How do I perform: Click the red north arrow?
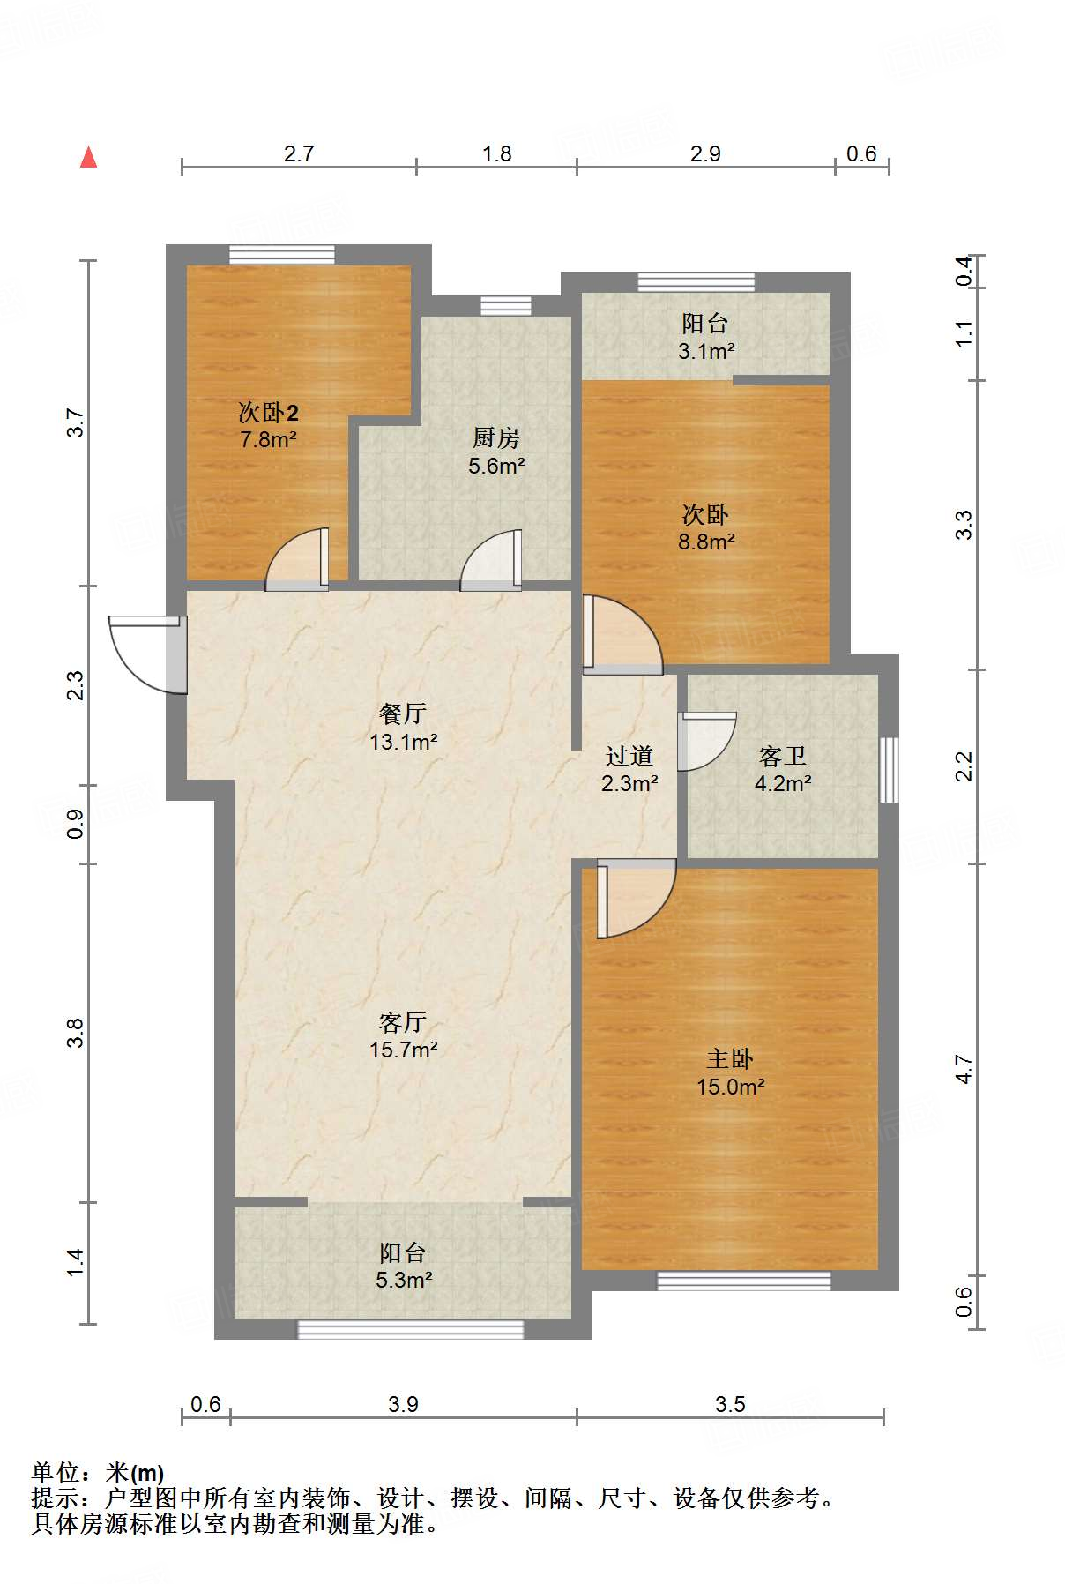coord(88,157)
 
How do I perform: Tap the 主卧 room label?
coord(730,1058)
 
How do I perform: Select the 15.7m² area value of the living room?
coord(404,1050)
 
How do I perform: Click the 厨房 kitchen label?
coord(495,437)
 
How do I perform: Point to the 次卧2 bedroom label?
coord(268,412)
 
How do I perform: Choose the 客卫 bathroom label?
coord(782,756)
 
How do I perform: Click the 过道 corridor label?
coord(629,756)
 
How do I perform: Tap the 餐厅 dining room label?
coord(403,713)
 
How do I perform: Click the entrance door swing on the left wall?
coord(148,654)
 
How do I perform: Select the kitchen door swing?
coord(491,559)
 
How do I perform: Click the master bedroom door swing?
coord(636,900)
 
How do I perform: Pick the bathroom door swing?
coord(706,741)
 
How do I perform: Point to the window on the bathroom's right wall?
coord(890,770)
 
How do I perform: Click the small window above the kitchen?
coord(506,306)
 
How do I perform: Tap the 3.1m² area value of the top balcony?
coord(706,351)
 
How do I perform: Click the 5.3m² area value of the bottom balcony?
coord(404,1280)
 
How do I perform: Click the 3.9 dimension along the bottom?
coord(403,1403)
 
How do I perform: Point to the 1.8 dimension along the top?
coord(497,153)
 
